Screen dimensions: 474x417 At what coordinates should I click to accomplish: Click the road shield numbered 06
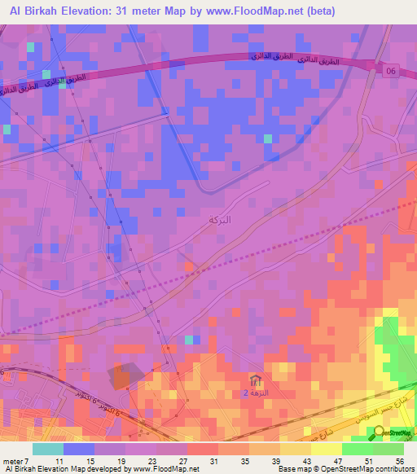[392, 71]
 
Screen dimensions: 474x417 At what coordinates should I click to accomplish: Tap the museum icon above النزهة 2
[257, 380]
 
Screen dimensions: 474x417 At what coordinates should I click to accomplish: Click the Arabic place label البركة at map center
[220, 221]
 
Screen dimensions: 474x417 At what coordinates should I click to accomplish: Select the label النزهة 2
[255, 393]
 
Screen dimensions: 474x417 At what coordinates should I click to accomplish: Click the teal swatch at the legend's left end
[48, 449]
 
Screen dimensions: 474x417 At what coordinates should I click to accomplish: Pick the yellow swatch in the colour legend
[326, 449]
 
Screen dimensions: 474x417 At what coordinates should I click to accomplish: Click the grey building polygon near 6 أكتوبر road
[126, 375]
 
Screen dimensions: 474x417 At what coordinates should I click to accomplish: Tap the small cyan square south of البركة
[190, 340]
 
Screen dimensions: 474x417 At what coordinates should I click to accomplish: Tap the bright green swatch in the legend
[357, 449]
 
